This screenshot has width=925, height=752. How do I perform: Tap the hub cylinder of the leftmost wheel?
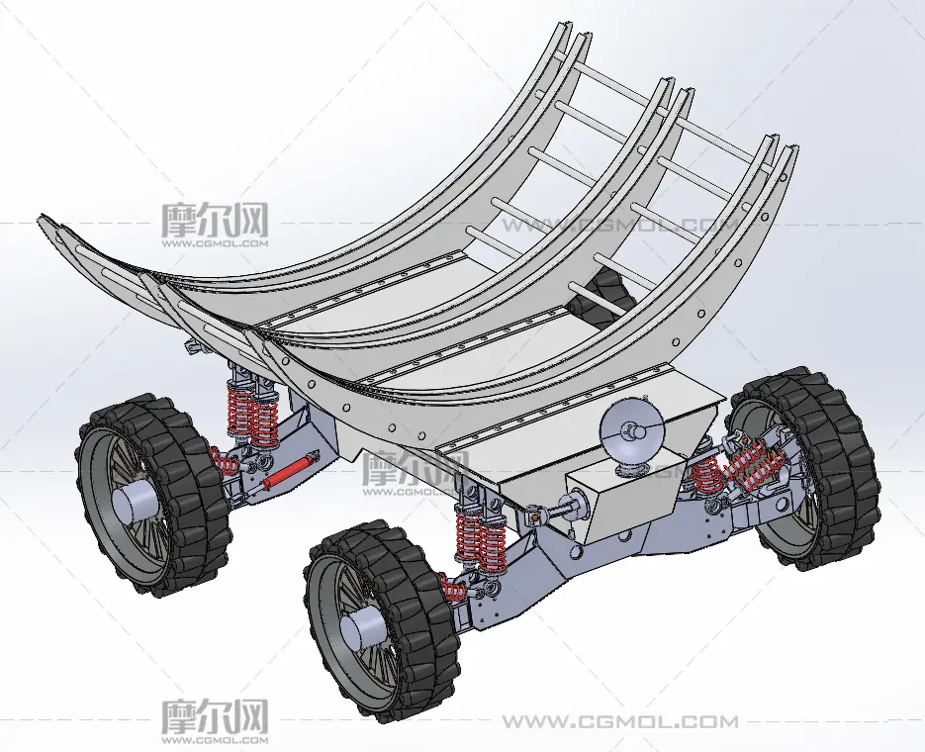point(136,505)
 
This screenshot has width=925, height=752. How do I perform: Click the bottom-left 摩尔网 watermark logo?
point(215,720)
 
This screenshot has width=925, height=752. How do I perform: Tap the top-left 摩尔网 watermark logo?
point(215,225)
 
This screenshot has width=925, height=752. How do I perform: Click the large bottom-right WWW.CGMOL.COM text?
point(620,721)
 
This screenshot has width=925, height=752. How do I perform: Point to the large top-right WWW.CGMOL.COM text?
point(620,225)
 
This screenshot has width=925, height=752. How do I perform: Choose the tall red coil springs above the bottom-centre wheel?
point(482,536)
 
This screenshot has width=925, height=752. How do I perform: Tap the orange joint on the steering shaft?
point(534,517)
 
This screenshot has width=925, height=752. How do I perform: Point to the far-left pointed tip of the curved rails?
point(41,217)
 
